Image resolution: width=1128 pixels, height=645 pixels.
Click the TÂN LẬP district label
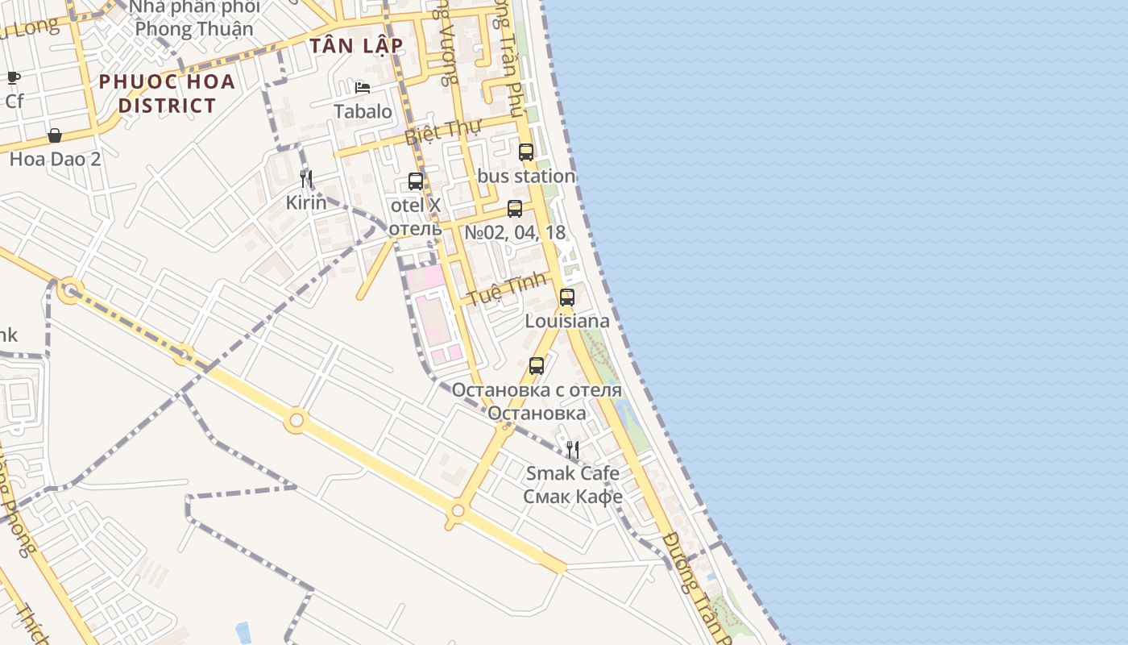(x=355, y=46)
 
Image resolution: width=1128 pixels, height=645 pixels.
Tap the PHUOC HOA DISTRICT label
(x=167, y=93)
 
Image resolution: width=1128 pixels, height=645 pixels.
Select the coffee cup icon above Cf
(x=14, y=78)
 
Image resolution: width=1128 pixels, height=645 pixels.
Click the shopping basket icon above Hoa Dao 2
(x=55, y=135)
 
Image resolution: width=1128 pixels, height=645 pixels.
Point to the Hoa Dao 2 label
(x=55, y=159)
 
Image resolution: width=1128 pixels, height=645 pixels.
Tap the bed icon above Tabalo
(x=363, y=88)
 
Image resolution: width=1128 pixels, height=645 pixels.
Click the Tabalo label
(x=363, y=111)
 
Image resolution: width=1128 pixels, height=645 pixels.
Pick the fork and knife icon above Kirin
(x=306, y=178)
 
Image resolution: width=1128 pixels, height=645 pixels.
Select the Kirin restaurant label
(x=306, y=202)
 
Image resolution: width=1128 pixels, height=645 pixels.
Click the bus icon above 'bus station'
(x=526, y=152)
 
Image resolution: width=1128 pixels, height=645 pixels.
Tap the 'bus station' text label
(x=526, y=176)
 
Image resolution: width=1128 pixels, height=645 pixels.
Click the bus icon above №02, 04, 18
(x=515, y=209)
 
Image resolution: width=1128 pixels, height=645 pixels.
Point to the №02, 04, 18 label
(x=515, y=233)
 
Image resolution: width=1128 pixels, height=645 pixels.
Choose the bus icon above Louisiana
(x=567, y=297)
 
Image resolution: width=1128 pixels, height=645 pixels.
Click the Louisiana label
(x=567, y=321)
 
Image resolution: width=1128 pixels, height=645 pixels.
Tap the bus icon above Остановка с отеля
(x=537, y=365)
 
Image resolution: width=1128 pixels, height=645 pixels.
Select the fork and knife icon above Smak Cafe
(x=573, y=449)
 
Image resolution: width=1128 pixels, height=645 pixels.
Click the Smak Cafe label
(x=573, y=472)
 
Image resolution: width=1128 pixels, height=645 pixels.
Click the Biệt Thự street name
(x=442, y=131)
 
